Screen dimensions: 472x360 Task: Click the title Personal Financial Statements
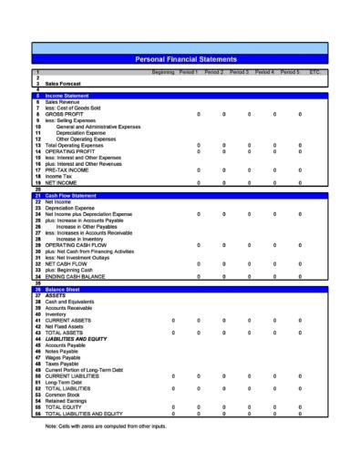coord(185,58)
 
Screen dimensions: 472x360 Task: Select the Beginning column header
coord(163,71)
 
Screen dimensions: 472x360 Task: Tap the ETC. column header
coord(314,71)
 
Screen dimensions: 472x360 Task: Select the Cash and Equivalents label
coord(69,302)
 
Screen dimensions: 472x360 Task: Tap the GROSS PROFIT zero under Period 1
coord(199,113)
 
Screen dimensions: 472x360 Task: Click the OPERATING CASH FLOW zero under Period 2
coord(224,245)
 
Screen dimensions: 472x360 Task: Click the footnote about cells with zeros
coord(106,426)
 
